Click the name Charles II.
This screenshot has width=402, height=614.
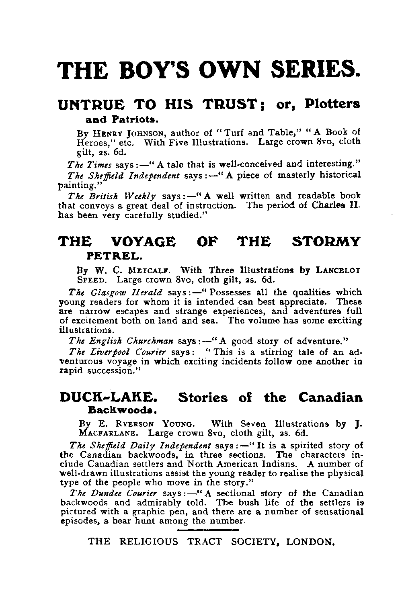(342, 206)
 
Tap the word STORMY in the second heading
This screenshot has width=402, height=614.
(326, 242)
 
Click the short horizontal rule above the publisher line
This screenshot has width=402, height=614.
(208, 530)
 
